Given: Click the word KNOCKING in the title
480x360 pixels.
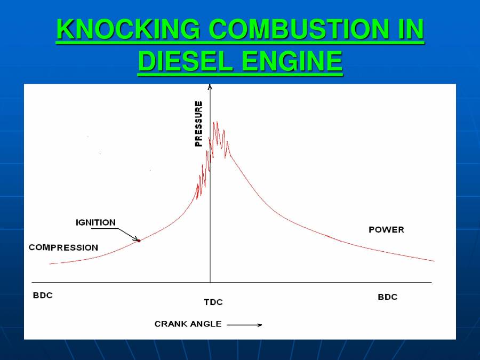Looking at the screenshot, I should [129, 30].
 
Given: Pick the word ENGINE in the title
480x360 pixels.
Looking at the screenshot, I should [292, 61].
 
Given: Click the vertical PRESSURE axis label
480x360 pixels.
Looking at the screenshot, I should [198, 124].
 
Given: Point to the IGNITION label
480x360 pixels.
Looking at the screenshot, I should [95, 222].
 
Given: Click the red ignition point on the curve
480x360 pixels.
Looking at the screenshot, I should [139, 241].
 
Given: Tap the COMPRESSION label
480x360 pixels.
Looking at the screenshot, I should [63, 247].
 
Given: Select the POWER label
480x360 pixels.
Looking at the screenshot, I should [386, 230].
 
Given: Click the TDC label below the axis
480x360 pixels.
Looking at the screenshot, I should [213, 302].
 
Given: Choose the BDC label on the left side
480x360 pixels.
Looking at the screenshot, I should [43, 295].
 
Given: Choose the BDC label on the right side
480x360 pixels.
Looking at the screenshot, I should [387, 297].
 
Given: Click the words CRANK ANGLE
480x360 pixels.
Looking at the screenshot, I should [188, 324].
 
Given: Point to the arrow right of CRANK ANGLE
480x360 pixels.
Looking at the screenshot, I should [244, 324].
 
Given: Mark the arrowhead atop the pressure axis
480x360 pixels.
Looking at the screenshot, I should [210, 86].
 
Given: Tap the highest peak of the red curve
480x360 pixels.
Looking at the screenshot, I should [215, 122].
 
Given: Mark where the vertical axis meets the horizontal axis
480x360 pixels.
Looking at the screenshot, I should [210, 282].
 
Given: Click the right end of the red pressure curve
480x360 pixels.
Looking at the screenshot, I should [434, 261].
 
